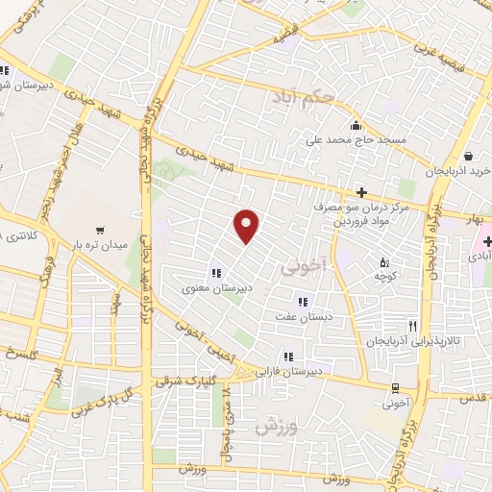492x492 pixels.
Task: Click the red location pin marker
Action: (248, 225)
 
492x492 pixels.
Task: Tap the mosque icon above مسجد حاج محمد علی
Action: (357, 124)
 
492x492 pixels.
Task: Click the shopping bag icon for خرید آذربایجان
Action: (466, 156)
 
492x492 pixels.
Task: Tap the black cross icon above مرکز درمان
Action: (362, 191)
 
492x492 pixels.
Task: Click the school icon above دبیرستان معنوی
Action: (216, 272)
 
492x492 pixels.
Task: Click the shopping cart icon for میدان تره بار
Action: (100, 230)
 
